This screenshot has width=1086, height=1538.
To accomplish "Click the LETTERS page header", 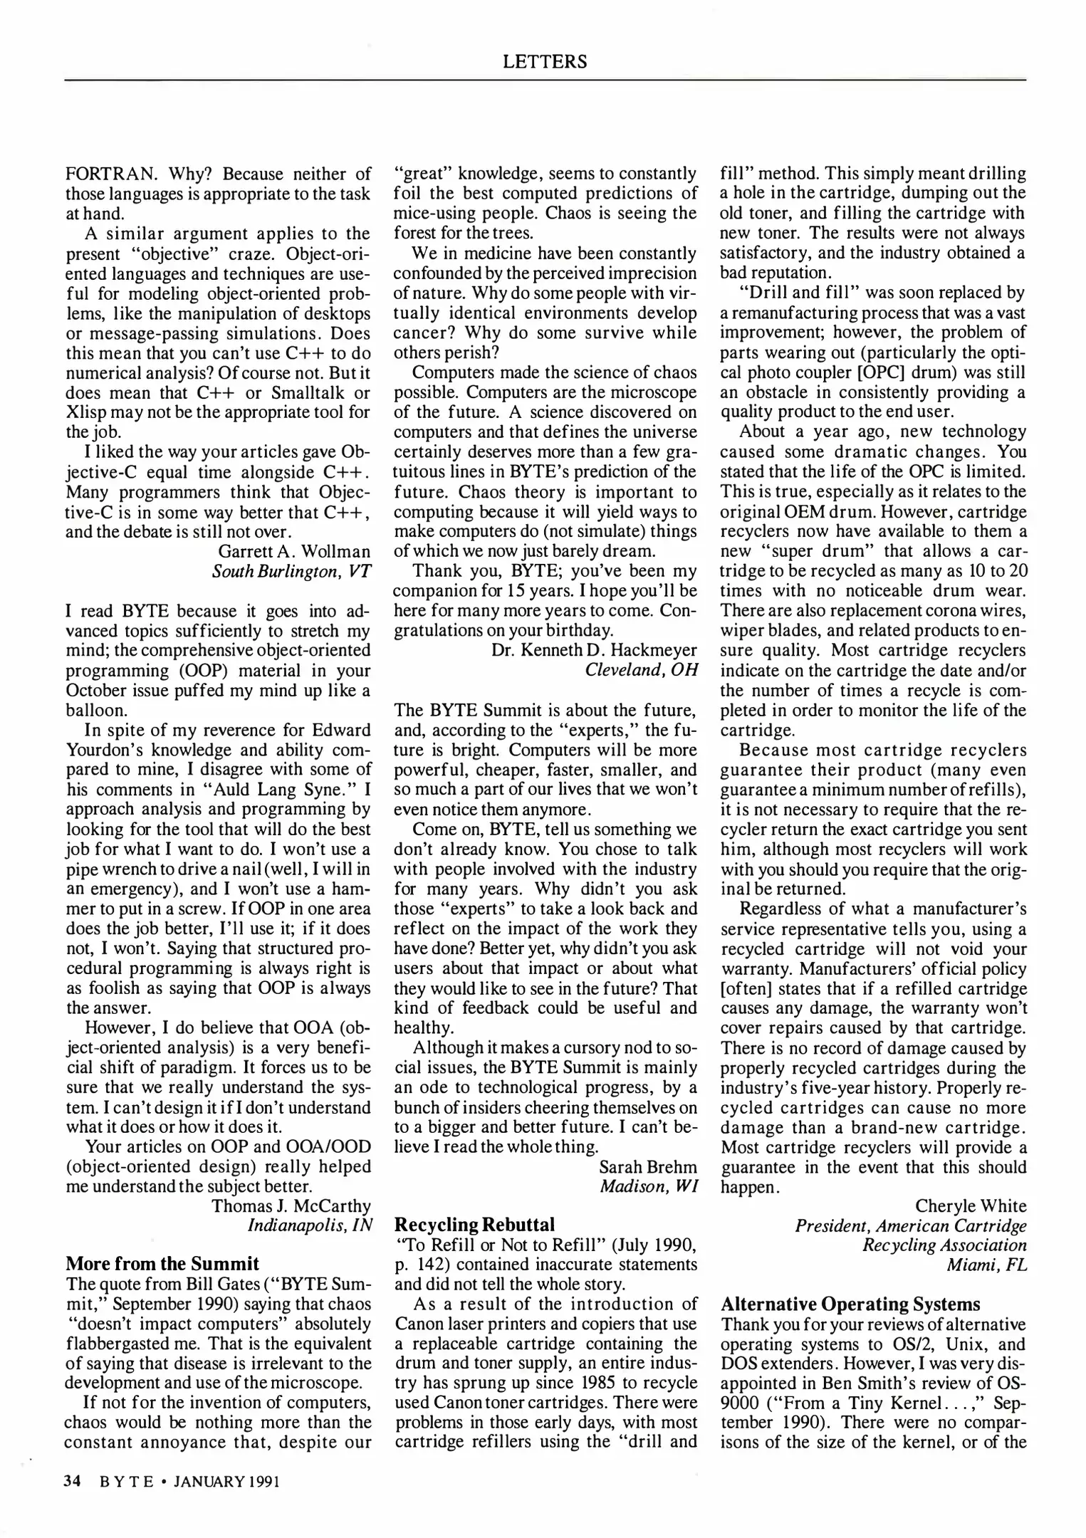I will [x=545, y=62].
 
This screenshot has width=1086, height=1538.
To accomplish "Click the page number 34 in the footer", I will [x=71, y=1482].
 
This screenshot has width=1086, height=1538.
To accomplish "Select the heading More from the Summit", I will [x=162, y=1264].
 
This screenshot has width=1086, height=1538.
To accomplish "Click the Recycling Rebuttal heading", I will [x=474, y=1224].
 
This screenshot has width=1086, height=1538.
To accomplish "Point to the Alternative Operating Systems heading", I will [x=850, y=1304].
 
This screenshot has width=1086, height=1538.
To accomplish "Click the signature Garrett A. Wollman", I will [x=294, y=551].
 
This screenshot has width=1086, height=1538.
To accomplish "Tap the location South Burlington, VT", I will [x=291, y=571].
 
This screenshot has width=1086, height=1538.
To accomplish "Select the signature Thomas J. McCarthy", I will [x=291, y=1205].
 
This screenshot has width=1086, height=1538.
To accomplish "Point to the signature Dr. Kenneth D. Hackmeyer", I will [x=594, y=650].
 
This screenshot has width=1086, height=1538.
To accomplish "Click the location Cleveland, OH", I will [x=641, y=670].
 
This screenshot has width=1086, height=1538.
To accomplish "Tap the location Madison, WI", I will [x=648, y=1186].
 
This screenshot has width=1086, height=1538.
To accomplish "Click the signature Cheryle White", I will [x=971, y=1205].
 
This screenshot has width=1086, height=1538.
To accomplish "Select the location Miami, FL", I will [x=986, y=1265].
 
